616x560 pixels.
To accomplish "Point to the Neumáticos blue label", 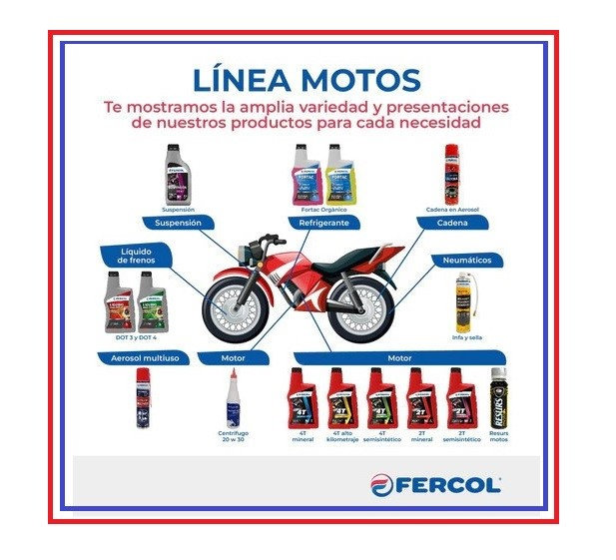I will (x=466, y=261).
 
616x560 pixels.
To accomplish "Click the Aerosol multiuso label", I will (x=145, y=356).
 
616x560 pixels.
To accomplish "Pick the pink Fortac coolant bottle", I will (x=305, y=175).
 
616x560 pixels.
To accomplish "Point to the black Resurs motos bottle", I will (x=498, y=398).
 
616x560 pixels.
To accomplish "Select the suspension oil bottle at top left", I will (x=177, y=174).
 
